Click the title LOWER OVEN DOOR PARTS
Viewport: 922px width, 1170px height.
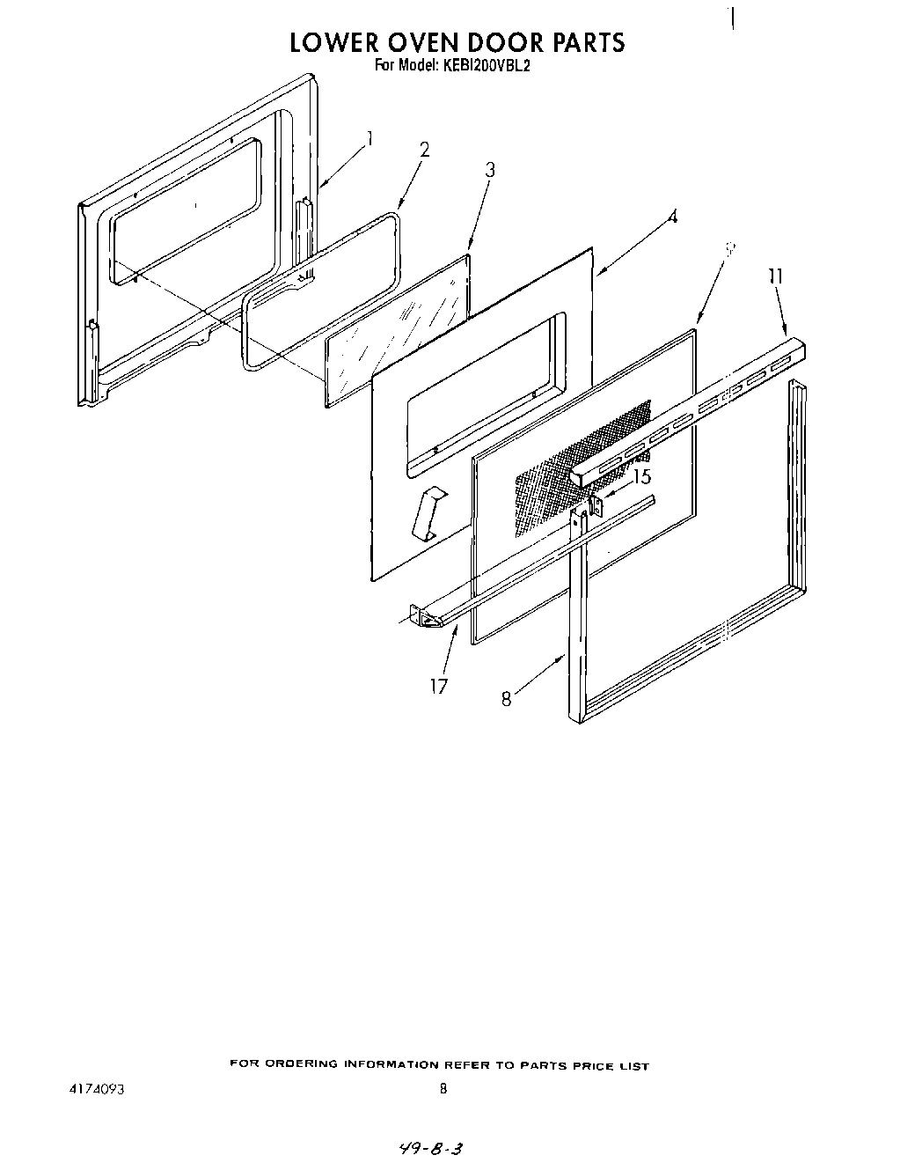tap(457, 42)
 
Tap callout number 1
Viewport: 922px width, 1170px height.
tap(371, 138)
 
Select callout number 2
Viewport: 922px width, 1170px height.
tap(424, 150)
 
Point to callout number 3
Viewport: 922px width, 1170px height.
tap(490, 170)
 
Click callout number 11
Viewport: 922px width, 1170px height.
tap(775, 276)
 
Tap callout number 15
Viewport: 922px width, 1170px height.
tap(642, 477)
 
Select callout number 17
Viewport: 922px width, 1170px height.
tap(438, 685)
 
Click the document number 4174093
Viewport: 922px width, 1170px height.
tap(96, 1088)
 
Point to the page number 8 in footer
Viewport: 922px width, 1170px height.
tap(443, 1088)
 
